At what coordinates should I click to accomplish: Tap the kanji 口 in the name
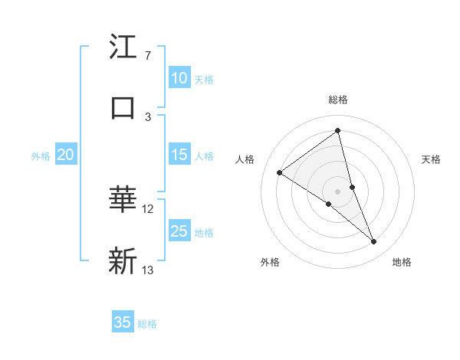(123, 108)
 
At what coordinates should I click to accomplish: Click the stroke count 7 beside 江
(147, 56)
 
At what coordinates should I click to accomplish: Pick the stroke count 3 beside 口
(147, 116)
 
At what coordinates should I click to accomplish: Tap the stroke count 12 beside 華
(148, 208)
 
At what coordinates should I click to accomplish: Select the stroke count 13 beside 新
(148, 270)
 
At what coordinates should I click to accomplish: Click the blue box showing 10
(179, 78)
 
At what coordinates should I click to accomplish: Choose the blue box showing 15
(179, 155)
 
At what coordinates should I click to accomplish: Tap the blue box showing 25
(179, 231)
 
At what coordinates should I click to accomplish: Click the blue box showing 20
(65, 155)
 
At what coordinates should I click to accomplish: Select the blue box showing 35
(123, 322)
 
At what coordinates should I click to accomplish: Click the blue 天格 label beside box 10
(204, 79)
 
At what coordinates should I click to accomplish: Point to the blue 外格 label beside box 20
(41, 155)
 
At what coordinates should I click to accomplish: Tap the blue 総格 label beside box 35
(147, 323)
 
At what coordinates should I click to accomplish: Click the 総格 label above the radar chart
(338, 100)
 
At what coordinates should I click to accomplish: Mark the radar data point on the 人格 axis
(280, 173)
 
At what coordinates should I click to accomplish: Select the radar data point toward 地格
(374, 242)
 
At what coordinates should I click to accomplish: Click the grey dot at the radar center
(338, 191)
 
